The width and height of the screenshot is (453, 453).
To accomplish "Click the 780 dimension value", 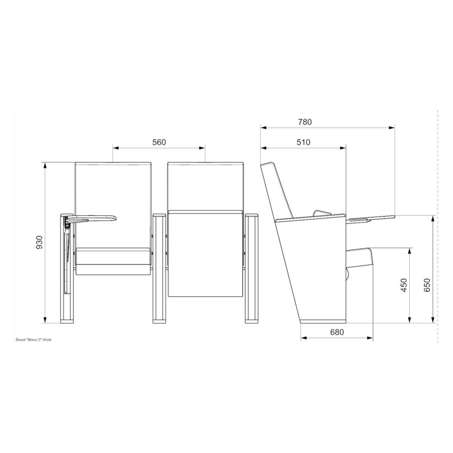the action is (x=305, y=122).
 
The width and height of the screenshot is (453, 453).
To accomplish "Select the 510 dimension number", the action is (x=303, y=142).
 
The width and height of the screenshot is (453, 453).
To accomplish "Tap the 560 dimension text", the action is (x=159, y=142).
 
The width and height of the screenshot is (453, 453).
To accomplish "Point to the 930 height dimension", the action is (x=39, y=242).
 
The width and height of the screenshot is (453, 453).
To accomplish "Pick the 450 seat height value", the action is (x=404, y=285).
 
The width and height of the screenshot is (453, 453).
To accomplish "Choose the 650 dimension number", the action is (x=427, y=285).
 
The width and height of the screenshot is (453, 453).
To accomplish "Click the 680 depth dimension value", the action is (x=337, y=332).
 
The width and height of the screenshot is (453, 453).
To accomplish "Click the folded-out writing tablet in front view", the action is (x=92, y=218).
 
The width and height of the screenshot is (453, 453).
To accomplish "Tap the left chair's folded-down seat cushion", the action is (x=113, y=261).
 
